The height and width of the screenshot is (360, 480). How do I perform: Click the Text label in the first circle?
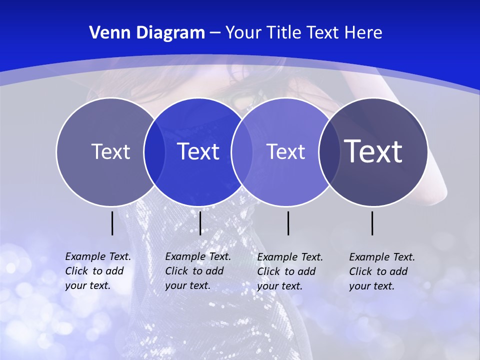(110, 151)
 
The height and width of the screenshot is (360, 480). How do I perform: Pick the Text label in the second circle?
(198, 151)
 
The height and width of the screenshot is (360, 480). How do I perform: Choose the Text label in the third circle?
(285, 151)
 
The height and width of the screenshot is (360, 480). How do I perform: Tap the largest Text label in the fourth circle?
(373, 151)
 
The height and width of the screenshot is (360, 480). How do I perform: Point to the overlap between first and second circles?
(154, 151)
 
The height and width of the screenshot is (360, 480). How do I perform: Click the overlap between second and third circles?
(241, 151)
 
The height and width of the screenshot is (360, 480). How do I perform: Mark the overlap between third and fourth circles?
(329, 151)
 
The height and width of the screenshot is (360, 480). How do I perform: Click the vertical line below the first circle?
(112, 223)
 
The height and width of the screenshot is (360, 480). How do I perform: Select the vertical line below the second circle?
(200, 223)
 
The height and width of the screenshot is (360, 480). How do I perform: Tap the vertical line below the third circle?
(288, 223)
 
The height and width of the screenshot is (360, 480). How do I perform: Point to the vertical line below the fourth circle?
(372, 223)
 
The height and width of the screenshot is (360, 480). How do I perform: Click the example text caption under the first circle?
(97, 271)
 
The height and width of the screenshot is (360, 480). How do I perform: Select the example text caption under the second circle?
(197, 271)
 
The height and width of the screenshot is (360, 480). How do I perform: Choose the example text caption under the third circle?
(290, 271)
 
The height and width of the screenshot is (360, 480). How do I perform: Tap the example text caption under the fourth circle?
(381, 271)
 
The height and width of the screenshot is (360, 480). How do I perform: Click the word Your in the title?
(243, 33)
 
